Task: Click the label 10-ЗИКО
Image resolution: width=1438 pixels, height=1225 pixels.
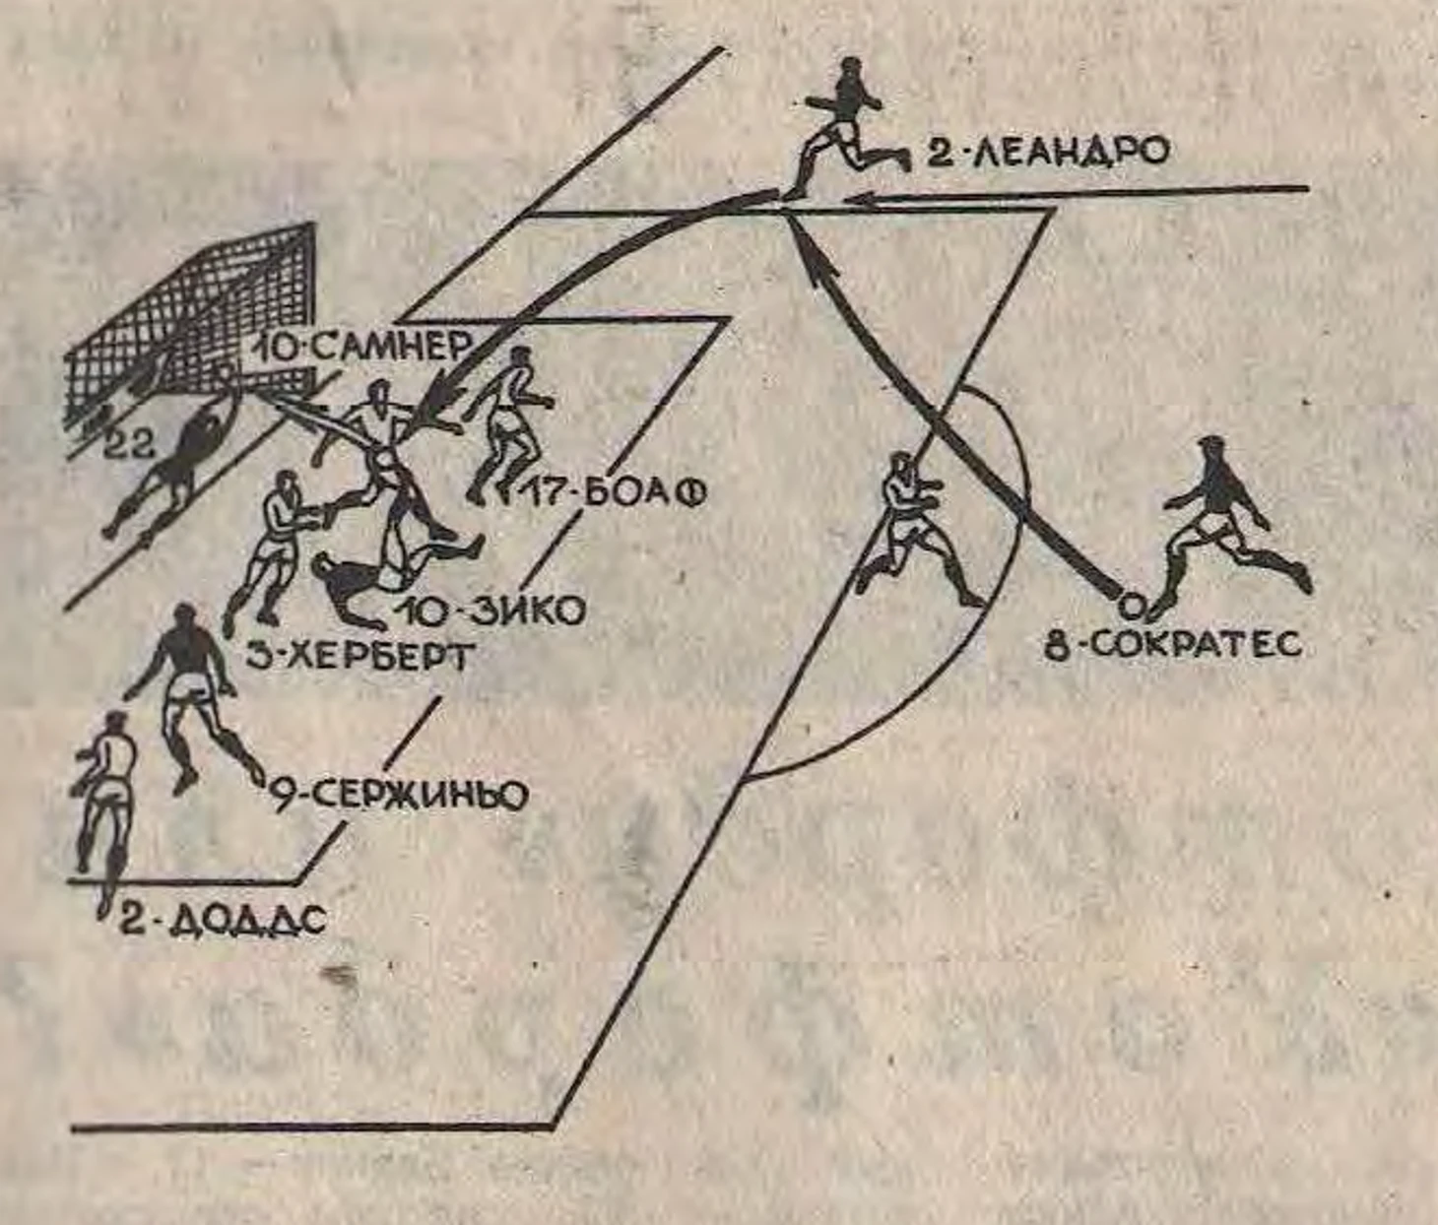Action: [x=489, y=612]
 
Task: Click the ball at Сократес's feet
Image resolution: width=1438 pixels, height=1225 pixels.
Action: [x=1132, y=606]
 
